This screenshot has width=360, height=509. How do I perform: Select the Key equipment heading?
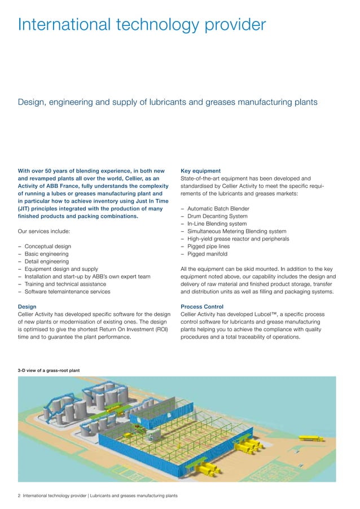(200, 170)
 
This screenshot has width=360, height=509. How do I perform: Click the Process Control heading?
(203, 307)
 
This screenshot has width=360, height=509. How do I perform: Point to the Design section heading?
(28, 307)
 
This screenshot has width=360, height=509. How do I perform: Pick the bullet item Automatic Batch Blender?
(218, 209)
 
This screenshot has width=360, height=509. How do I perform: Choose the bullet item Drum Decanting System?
(217, 216)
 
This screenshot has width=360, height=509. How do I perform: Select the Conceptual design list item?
(48, 247)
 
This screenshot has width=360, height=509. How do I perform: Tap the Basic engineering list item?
(46, 254)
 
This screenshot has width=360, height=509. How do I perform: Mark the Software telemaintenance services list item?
(67, 292)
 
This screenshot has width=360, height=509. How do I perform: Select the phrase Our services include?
(43, 231)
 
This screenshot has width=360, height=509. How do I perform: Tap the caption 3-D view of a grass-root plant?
(49, 370)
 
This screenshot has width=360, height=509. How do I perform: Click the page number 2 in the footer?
(19, 496)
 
